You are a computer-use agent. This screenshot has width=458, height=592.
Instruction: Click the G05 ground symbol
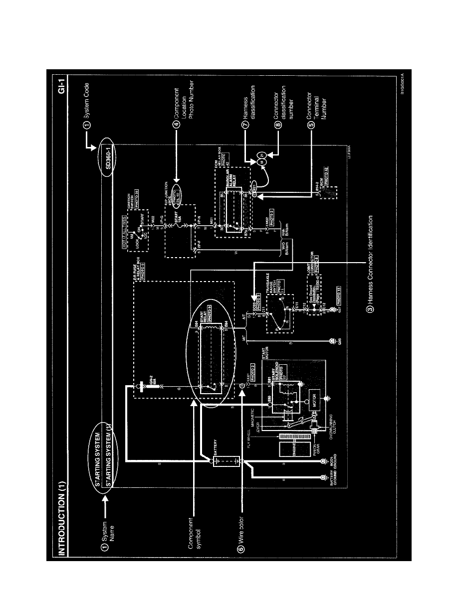tap(332, 341)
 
